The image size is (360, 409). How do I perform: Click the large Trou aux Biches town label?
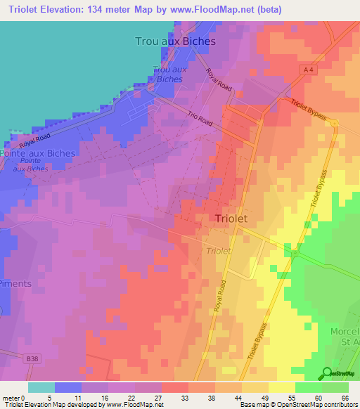click(175, 41)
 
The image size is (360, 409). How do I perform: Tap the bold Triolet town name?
click(231, 219)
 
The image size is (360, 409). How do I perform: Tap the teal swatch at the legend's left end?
click(41, 387)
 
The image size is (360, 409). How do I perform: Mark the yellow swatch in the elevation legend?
click(282, 387)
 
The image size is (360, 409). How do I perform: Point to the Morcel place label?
click(344, 331)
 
